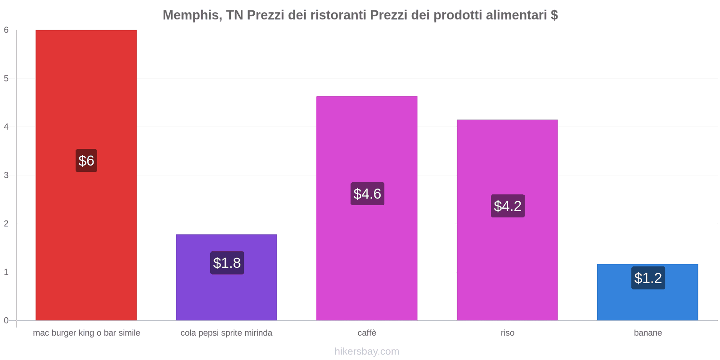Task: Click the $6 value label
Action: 86,161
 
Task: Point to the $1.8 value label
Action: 227,263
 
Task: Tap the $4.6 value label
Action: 367,194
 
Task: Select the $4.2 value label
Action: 508,206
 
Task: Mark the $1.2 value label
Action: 648,278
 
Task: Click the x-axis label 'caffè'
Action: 367,333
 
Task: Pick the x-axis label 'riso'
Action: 507,333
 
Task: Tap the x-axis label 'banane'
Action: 648,333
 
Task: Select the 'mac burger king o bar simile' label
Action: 86,333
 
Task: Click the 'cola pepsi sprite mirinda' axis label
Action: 226,333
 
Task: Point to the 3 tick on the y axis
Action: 6,175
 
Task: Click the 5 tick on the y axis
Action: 6,78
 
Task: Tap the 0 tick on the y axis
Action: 6,320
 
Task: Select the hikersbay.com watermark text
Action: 367,351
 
